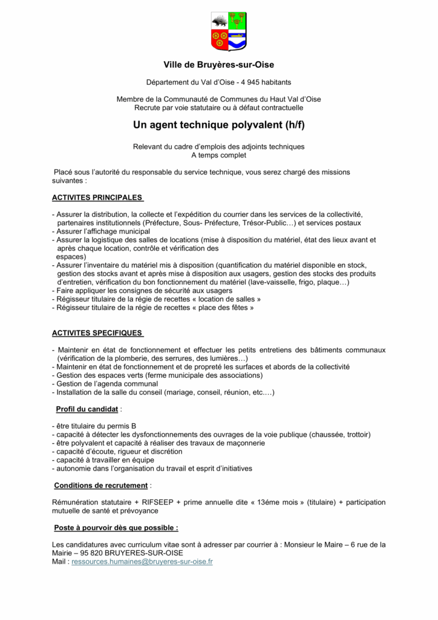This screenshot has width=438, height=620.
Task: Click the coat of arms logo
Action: (x=229, y=31)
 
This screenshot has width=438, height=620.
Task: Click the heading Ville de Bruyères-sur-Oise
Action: (x=218, y=64)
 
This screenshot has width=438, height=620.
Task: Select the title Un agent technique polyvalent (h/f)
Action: (x=218, y=126)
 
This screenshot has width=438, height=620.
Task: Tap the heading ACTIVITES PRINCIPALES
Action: (x=97, y=197)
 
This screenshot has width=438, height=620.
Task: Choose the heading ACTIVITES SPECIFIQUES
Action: (x=97, y=333)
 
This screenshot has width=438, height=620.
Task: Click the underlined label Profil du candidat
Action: (x=87, y=409)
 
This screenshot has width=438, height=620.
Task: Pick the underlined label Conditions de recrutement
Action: (x=100, y=485)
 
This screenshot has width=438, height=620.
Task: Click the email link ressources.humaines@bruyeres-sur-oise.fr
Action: (x=142, y=561)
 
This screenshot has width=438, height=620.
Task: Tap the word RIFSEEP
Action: (x=160, y=502)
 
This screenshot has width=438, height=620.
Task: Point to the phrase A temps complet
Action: (x=218, y=155)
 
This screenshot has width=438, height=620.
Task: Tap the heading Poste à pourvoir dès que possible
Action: (x=116, y=527)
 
